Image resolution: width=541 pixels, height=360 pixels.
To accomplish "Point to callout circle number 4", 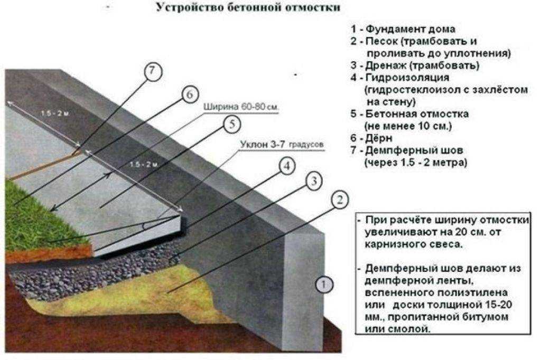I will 285,167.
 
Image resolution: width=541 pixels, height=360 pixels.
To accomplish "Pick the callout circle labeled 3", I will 313,182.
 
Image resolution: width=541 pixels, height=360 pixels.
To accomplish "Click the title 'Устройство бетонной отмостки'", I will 248,8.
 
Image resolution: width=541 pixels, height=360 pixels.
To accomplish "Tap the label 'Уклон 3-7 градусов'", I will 282,144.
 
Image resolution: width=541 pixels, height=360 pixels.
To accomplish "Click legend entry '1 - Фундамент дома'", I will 402,30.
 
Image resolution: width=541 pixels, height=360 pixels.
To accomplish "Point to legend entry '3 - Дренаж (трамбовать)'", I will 415,66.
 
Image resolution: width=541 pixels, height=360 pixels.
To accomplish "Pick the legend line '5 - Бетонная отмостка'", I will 409,114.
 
